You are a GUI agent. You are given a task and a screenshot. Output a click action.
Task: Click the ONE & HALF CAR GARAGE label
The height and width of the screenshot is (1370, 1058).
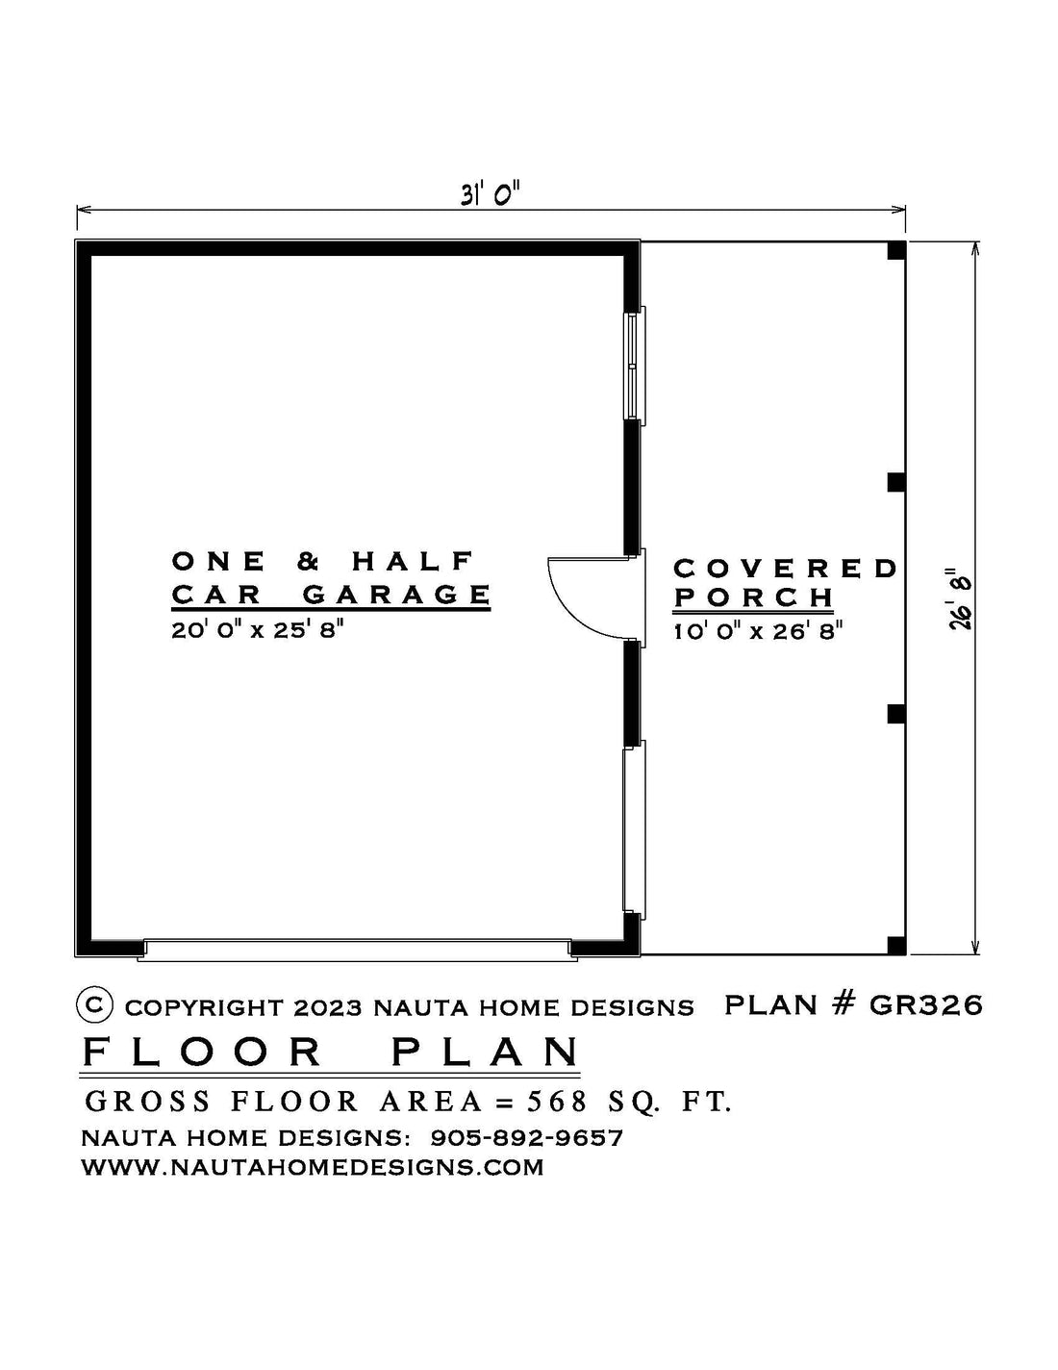point(331,578)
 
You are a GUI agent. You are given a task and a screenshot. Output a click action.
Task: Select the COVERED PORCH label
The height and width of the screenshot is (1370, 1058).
point(785,583)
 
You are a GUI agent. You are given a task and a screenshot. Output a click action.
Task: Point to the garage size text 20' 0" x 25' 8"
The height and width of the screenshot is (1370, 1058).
point(257,630)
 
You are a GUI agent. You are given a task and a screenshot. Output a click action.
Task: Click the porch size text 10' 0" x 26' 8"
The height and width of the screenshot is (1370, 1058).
point(758,631)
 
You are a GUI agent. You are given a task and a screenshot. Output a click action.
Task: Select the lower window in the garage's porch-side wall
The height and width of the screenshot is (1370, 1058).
point(634,829)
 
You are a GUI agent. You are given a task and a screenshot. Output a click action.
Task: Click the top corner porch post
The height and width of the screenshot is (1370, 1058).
point(896,250)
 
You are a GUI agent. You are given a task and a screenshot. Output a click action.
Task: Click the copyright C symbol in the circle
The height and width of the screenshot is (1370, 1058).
point(94,1004)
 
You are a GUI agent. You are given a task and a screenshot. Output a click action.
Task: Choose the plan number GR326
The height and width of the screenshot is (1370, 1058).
point(925,1005)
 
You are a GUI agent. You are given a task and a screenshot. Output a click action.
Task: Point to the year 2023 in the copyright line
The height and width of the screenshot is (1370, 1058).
point(327,1008)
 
